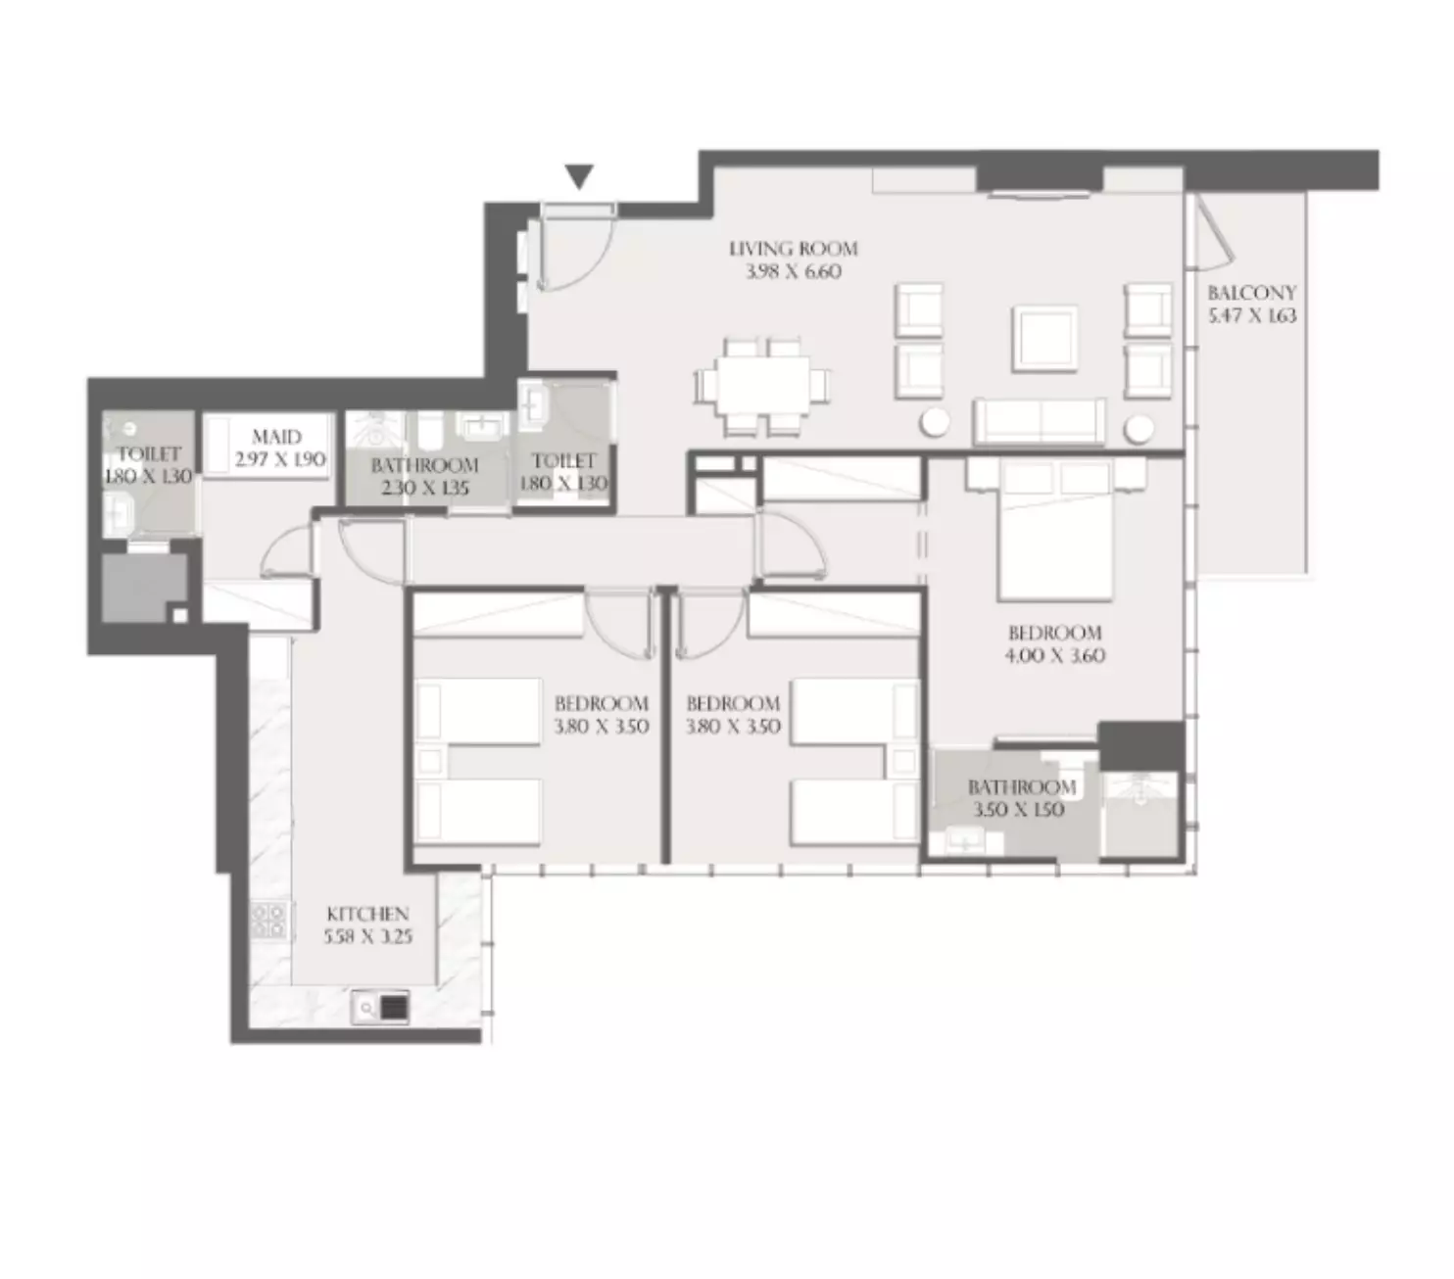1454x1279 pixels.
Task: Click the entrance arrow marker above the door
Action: pos(580,177)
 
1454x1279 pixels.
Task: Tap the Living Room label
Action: pos(793,249)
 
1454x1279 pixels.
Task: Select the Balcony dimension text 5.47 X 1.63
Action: pos(1252,315)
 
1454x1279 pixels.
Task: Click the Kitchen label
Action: pos(367,914)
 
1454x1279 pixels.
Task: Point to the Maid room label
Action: pos(276,437)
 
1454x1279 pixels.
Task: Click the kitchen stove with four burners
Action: pos(267,920)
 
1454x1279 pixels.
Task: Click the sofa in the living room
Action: pos(1040,422)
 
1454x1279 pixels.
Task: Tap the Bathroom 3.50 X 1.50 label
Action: pos(1021,787)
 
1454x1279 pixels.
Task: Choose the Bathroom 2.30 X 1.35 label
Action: pos(424,465)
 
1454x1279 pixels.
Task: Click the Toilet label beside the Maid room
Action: pos(149,454)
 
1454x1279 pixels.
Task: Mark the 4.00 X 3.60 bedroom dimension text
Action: pos(1054,655)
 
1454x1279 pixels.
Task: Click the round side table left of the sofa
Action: pos(935,423)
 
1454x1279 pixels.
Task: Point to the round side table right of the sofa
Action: pos(1140,429)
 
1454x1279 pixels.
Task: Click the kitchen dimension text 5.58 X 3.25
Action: pos(367,936)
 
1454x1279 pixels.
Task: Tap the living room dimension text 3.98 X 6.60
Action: pos(793,271)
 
